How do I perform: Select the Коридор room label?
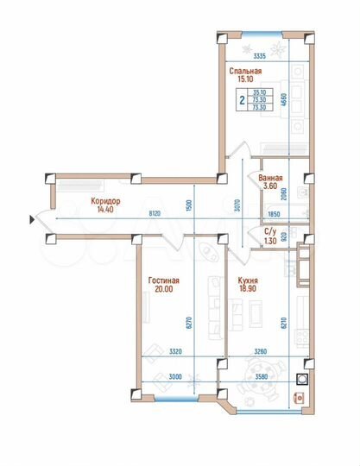pos(104,198)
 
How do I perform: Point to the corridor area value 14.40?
pos(104,209)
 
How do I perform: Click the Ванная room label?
pos(270,179)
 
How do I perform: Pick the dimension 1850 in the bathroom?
pos(275,213)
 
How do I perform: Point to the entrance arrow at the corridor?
pos(32,222)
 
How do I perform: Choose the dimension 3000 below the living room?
pos(176,377)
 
